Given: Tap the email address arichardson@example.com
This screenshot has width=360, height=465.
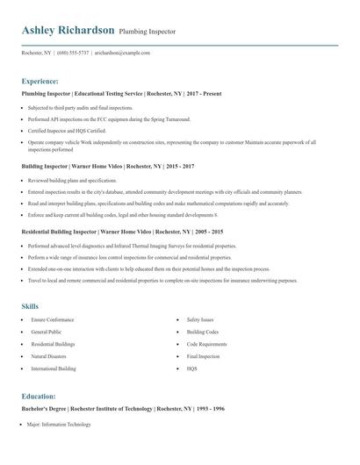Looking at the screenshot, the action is click(x=122, y=53).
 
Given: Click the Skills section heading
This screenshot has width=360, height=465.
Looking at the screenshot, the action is click(x=30, y=306).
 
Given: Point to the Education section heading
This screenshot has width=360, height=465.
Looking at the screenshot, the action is click(x=39, y=397).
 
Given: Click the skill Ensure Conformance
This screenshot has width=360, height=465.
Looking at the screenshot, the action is click(x=53, y=320).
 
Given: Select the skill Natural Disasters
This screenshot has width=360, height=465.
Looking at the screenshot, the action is click(x=49, y=357).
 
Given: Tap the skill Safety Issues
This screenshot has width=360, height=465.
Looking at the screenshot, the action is click(x=200, y=320).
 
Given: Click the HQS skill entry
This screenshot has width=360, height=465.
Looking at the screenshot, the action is click(x=191, y=369).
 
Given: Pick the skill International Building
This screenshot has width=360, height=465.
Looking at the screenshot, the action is click(x=54, y=369).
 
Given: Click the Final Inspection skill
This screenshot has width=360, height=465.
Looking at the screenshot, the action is click(x=204, y=357).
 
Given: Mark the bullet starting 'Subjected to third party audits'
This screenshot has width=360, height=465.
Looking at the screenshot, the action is click(x=80, y=107).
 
